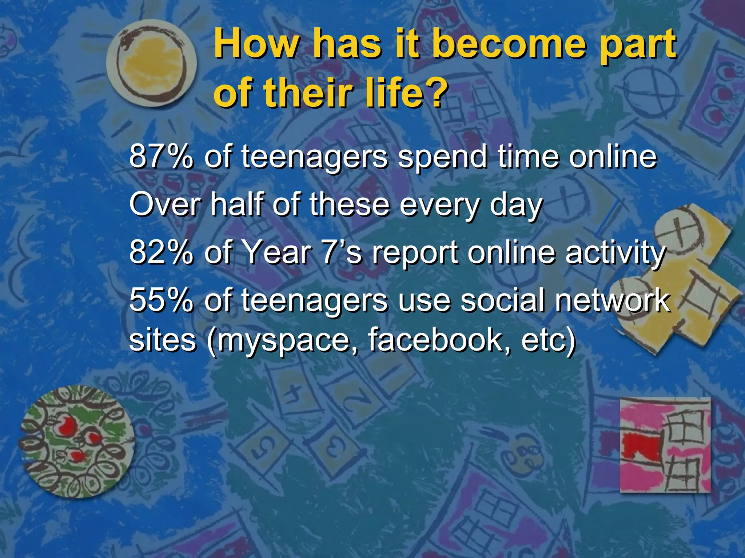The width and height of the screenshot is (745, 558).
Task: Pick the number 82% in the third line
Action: click(x=161, y=252)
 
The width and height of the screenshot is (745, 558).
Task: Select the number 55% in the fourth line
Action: click(x=161, y=300)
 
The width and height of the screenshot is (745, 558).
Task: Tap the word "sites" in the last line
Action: click(x=163, y=340)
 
